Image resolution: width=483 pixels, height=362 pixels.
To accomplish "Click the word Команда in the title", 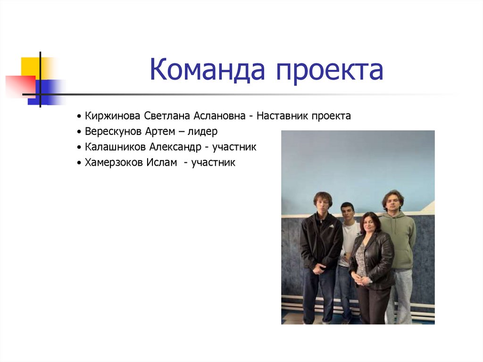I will pos(208,70).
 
